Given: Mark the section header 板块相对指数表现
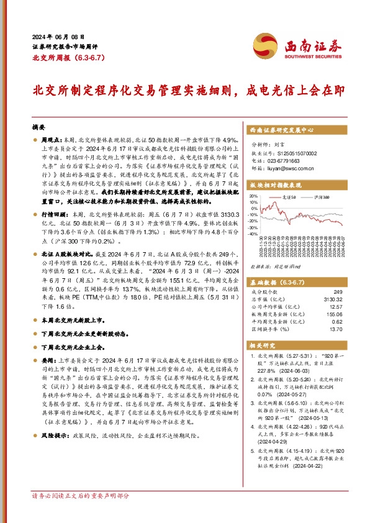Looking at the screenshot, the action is pyautogui.click(x=275, y=185).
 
